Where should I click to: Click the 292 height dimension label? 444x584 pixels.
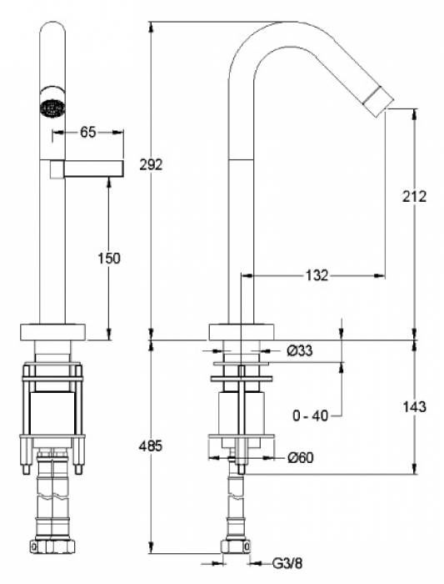point(151,164)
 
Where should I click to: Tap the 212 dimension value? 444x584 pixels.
point(414,196)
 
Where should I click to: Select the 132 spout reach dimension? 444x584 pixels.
point(317,275)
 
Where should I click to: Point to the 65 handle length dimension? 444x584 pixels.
point(88,132)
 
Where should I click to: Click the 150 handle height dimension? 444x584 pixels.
point(109,258)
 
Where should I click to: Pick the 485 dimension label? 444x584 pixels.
point(151,446)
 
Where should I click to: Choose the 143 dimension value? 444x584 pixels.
point(414,406)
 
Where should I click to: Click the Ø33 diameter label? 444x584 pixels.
point(300,350)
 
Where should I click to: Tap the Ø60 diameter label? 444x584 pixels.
point(301,457)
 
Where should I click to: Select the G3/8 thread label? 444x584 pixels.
point(287,563)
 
